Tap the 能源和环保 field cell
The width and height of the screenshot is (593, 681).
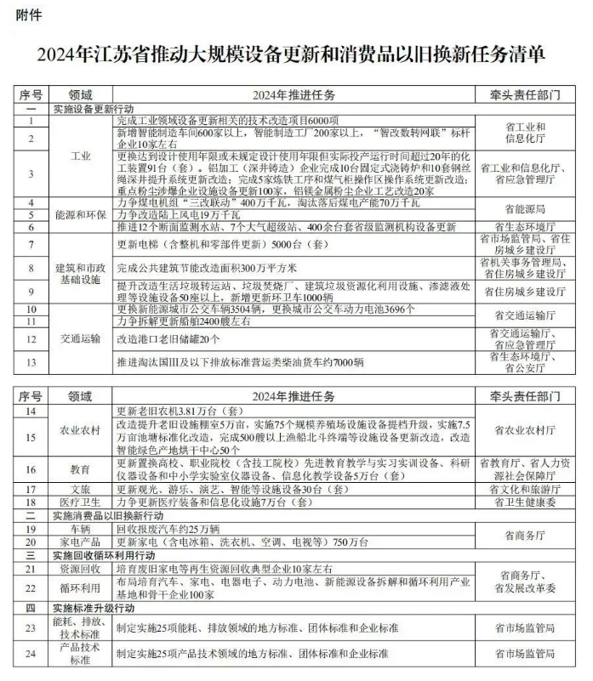click(x=80, y=215)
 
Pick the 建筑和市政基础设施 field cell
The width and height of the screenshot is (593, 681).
click(x=80, y=270)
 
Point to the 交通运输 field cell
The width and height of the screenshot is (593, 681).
click(x=80, y=337)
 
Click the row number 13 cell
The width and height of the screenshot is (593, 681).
click(x=31, y=363)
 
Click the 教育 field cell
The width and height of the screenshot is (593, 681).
click(x=80, y=469)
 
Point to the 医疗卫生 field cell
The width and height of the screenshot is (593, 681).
click(x=80, y=502)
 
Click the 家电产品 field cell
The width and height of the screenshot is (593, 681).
click(x=80, y=542)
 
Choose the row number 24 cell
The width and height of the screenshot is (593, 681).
click(x=31, y=654)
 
